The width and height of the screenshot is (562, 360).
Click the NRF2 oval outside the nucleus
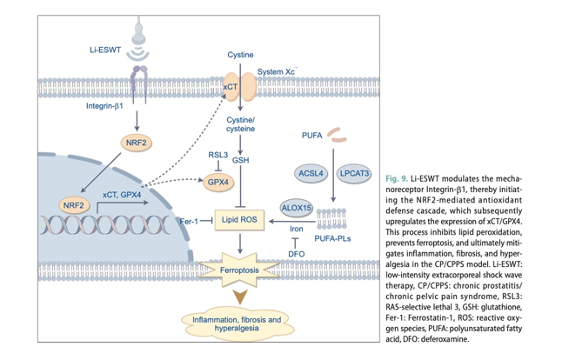(137, 143)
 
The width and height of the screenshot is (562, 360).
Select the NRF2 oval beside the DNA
(73, 205)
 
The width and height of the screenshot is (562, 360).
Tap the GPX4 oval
(217, 182)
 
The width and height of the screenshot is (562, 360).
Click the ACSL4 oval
(311, 173)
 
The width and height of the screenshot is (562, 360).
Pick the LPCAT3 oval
(354, 173)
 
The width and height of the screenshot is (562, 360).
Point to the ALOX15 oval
(296, 208)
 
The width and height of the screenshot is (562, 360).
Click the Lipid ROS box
(239, 220)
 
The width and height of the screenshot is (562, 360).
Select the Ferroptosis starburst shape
(239, 270)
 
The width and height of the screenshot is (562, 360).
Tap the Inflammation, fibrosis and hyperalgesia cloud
(237, 323)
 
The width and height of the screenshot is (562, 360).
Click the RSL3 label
(217, 155)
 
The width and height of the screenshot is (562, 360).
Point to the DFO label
(297, 254)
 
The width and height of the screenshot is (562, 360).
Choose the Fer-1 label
(189, 222)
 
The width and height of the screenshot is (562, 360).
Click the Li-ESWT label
(105, 50)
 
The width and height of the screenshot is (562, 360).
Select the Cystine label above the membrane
(240, 55)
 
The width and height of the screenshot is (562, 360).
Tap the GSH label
(240, 160)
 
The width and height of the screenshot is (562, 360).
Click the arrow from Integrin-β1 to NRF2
(137, 121)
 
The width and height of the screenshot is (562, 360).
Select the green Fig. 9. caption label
(397, 178)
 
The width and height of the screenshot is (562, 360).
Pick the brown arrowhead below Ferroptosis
(240, 297)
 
